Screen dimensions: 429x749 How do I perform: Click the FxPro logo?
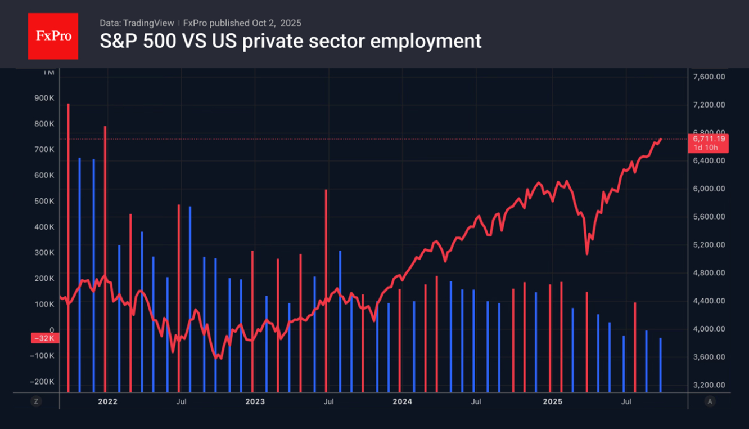(x=53, y=36)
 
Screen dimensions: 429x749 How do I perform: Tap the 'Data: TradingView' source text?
(x=137, y=23)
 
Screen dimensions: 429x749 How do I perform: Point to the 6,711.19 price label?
(x=709, y=138)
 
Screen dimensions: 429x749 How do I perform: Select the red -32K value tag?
(x=43, y=338)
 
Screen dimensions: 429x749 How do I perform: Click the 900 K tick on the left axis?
(x=44, y=98)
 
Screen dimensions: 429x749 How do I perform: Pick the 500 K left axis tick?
(x=44, y=201)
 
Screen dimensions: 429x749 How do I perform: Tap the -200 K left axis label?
(x=42, y=382)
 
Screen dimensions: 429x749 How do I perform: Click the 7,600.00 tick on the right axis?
(x=709, y=77)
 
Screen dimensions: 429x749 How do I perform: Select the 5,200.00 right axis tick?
(x=709, y=245)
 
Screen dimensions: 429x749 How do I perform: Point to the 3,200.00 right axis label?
(x=709, y=385)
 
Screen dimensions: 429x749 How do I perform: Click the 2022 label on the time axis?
(x=107, y=401)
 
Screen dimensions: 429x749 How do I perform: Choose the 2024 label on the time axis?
(x=402, y=401)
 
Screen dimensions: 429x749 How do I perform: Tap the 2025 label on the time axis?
(x=552, y=401)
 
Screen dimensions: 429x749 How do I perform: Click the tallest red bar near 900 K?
(x=68, y=248)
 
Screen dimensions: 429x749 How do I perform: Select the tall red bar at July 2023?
(x=326, y=290)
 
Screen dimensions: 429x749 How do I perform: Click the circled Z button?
(x=36, y=401)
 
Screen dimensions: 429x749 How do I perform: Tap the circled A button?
(x=710, y=401)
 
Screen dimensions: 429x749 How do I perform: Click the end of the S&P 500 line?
(x=661, y=138)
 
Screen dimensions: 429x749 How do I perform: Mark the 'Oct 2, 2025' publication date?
(x=276, y=23)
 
